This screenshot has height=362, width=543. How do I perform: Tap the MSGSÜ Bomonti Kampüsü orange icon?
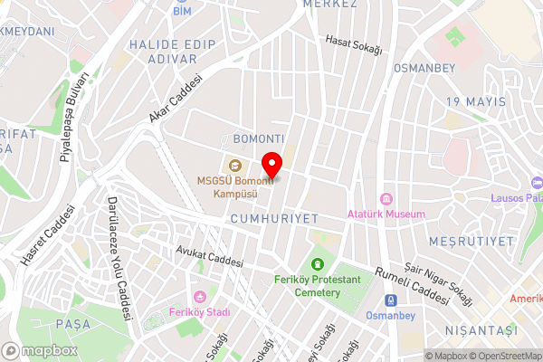[235, 165]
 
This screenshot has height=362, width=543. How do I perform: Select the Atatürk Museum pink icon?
[386, 199]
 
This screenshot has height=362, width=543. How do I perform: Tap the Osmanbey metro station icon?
[390, 300]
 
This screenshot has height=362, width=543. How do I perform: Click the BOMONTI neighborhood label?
[259, 138]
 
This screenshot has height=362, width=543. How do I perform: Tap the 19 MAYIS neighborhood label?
[475, 101]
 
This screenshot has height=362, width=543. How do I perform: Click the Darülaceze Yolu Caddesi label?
[120, 259]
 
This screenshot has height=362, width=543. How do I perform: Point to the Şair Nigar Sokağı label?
[439, 280]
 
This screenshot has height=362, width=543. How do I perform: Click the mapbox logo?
[39, 350]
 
